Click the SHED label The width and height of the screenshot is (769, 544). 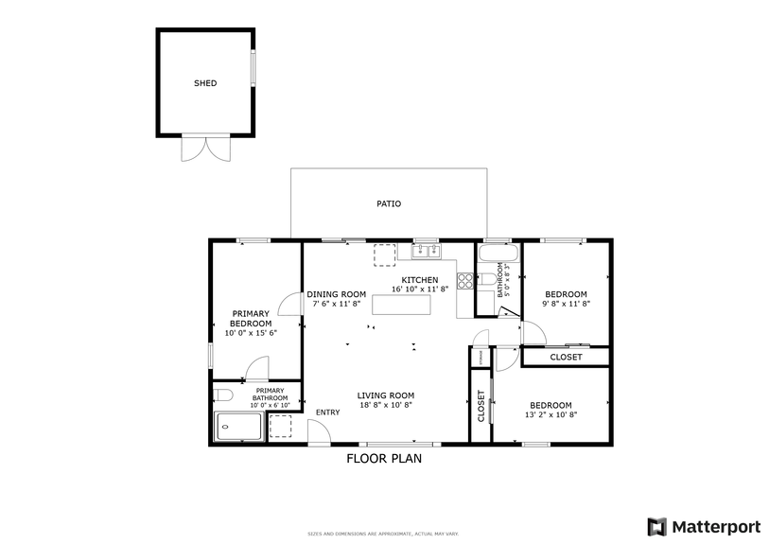click(x=205, y=83)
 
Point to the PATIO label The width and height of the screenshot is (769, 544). click(x=389, y=203)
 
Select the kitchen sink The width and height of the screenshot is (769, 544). click(x=425, y=251)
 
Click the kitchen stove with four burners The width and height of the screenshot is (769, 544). click(x=465, y=280)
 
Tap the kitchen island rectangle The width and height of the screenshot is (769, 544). click(x=401, y=305)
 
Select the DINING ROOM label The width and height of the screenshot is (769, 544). click(x=336, y=294)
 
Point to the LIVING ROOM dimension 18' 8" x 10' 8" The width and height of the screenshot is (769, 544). click(x=385, y=405)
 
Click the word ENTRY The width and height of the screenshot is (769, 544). click(x=328, y=412)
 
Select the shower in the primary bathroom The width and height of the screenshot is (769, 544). click(x=239, y=428)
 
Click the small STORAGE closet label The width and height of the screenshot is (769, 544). click(x=481, y=358)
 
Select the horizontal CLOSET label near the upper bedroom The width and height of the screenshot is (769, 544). click(x=566, y=357)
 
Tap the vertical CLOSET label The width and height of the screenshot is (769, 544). click(x=481, y=405)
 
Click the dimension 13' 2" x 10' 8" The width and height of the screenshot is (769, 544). click(x=550, y=414)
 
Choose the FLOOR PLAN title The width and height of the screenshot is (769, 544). click(x=383, y=458)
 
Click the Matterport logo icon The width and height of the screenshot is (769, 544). click(x=656, y=526)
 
